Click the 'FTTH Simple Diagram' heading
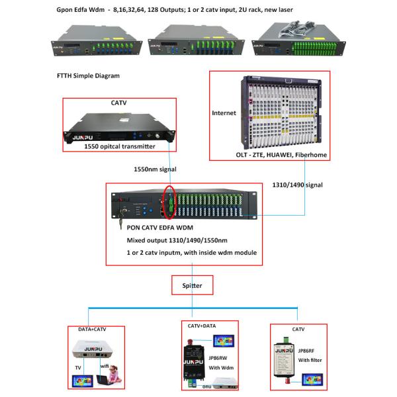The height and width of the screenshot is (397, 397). point(89,76)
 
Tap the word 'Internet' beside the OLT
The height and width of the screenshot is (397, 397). point(224,113)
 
